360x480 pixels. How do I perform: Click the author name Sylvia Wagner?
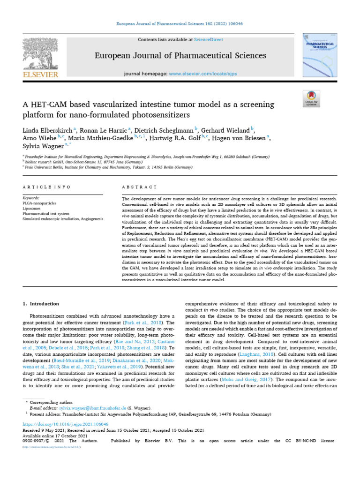pyautogui.click(x=39, y=146)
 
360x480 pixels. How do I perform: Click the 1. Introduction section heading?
pyautogui.click(x=41, y=304)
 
